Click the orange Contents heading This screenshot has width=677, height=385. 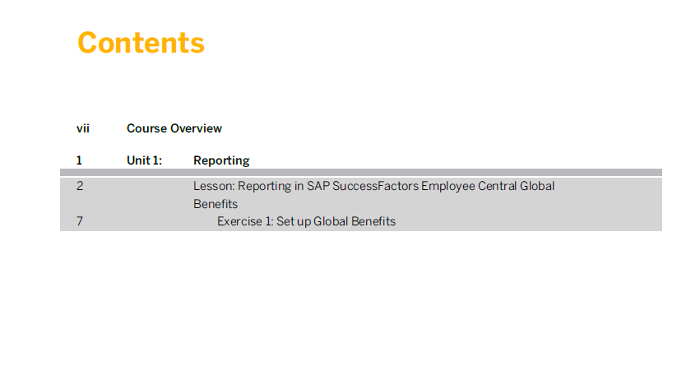tap(141, 43)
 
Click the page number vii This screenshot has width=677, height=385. tap(83, 128)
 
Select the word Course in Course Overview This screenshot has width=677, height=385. tap(146, 128)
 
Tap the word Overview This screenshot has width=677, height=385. tap(196, 128)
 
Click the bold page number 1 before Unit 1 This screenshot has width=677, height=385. tap(79, 160)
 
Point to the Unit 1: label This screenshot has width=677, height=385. tap(144, 160)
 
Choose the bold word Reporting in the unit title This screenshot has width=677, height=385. tap(221, 161)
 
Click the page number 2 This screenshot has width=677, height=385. tap(80, 186)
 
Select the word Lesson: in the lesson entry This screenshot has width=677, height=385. tap(214, 186)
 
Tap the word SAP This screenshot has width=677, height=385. tap(318, 186)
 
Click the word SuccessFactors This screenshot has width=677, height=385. tap(376, 186)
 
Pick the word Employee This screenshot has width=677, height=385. tap(448, 187)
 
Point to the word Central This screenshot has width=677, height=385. tap(498, 186)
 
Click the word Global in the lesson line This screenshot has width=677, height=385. tap(537, 186)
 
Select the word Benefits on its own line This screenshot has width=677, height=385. tap(216, 204)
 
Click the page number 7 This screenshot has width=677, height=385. tap(80, 221)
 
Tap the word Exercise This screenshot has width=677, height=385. tap(239, 221)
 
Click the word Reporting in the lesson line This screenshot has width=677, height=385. tap(265, 187)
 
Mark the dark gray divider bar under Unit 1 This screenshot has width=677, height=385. tap(361, 173)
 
